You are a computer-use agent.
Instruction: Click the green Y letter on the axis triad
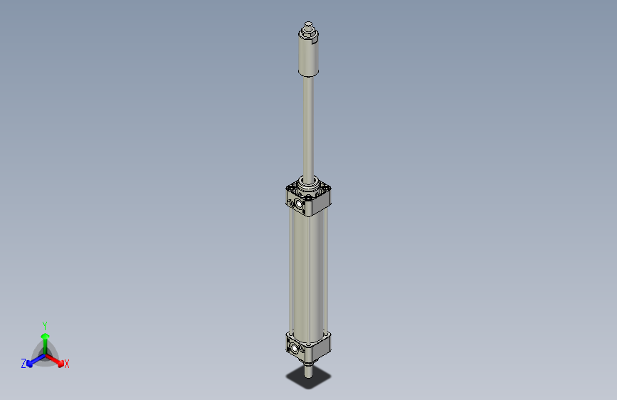[x=45, y=325]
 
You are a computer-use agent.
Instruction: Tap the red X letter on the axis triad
[x=67, y=364]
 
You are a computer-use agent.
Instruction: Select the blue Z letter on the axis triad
[x=23, y=363]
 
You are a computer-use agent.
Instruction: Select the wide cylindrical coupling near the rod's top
[x=308, y=57]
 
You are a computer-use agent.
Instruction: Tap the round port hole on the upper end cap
[x=299, y=205]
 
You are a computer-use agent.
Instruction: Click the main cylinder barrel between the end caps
[x=307, y=270]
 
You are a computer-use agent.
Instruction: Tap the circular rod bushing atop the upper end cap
[x=309, y=186]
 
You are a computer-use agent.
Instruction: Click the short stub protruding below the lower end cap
[x=307, y=369]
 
